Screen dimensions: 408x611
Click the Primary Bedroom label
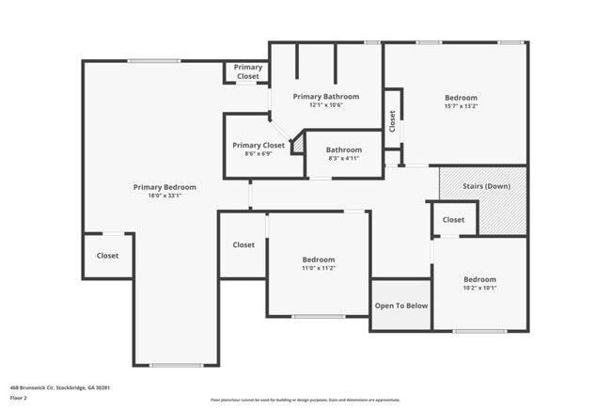pos(164,187)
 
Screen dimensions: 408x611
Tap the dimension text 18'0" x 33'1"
pos(164,196)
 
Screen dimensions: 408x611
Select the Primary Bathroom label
pos(325,97)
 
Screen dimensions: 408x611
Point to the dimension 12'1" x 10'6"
pos(325,105)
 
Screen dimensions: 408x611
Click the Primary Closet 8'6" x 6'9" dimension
pos(258,153)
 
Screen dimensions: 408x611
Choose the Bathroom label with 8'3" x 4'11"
pos(344,150)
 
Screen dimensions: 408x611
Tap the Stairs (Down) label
pos(487,186)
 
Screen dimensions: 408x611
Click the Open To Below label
pos(401,306)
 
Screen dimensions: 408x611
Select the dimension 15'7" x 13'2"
pos(461,106)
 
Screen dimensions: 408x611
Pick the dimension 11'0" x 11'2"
pos(318,268)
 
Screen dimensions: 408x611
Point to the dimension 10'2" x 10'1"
pos(479,288)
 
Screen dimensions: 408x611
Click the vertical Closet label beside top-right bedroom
pos(392,119)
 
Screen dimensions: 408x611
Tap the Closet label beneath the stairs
pos(453,220)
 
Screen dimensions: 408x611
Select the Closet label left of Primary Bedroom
pos(108,255)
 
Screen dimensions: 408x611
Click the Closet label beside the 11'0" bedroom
pos(243,244)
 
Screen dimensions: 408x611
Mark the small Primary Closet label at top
pos(248,71)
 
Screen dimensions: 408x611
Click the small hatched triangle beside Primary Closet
pos(298,146)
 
